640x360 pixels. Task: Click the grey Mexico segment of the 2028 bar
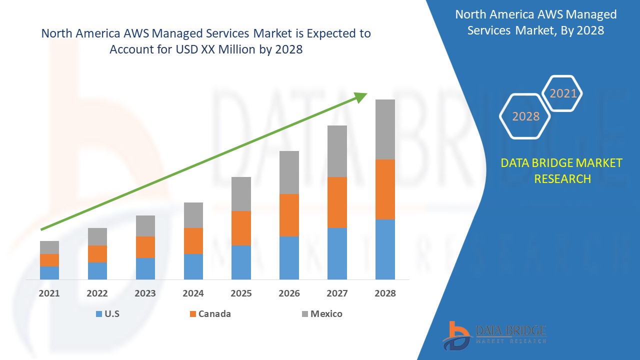click(385, 129)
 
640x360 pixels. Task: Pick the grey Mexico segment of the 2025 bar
click(241, 194)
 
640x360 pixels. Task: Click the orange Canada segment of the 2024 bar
click(193, 241)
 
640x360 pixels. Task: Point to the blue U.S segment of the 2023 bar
click(145, 268)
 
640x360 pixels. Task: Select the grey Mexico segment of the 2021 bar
click(49, 247)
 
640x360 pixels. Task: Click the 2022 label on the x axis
click(97, 293)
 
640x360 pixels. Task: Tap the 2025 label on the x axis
click(241, 293)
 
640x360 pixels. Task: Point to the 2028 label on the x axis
click(385, 293)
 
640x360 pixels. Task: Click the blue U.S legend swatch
click(99, 314)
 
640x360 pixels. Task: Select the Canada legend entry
click(214, 314)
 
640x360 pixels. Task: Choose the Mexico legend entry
click(326, 314)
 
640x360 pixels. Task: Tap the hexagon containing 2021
click(563, 93)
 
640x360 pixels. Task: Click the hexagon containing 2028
click(525, 116)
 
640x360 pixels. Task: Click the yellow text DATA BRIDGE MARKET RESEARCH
click(562, 170)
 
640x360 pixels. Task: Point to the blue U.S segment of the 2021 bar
click(49, 273)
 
